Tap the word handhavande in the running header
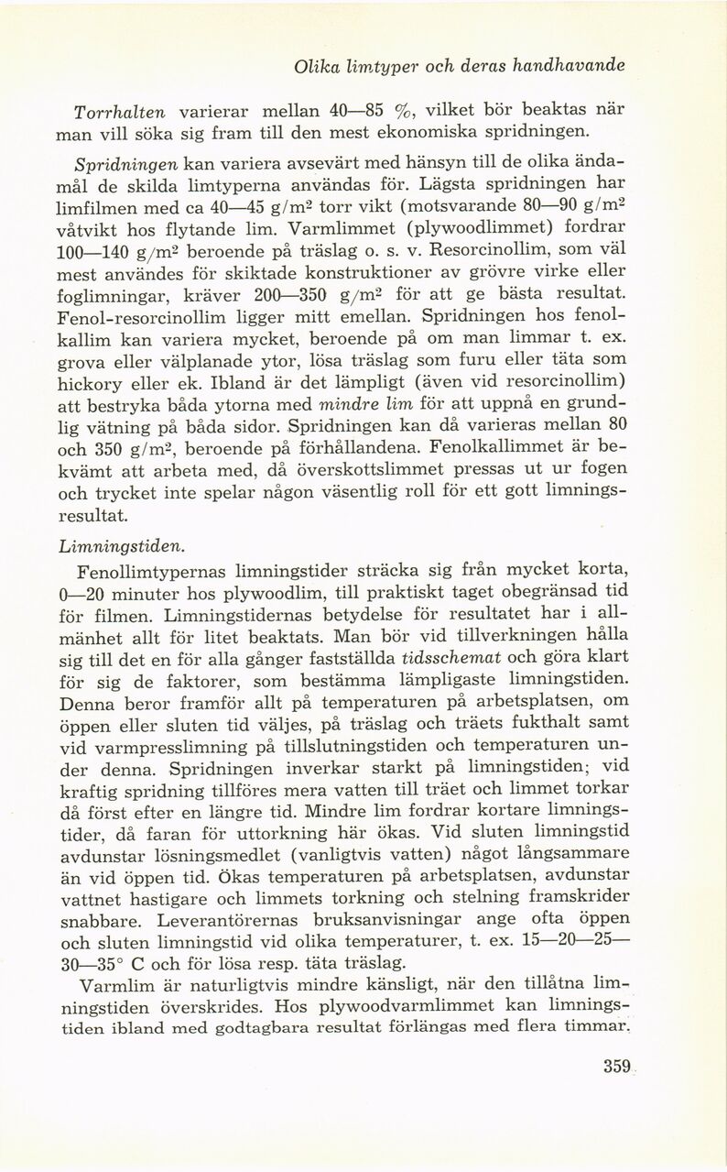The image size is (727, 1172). click(x=568, y=67)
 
